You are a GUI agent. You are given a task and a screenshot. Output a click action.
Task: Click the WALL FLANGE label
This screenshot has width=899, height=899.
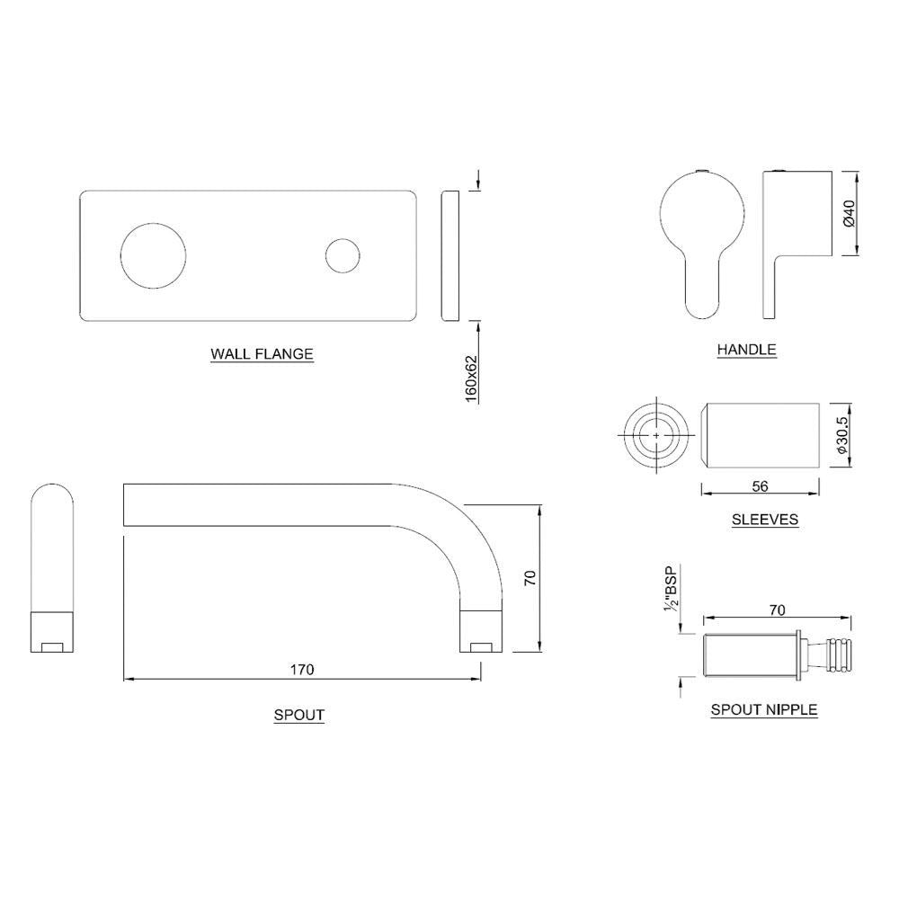click(x=262, y=354)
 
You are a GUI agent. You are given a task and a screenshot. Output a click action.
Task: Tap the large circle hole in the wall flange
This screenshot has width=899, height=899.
click(x=154, y=254)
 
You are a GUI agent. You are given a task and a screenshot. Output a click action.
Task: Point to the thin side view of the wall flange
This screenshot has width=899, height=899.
click(x=451, y=254)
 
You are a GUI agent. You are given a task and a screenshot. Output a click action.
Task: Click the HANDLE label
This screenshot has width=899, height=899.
click(x=746, y=350)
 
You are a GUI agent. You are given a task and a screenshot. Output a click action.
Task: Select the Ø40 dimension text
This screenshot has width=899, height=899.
click(x=849, y=214)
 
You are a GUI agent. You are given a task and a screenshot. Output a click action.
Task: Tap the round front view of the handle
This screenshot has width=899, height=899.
click(x=702, y=211)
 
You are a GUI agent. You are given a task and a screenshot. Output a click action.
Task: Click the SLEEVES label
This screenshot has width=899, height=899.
click(x=764, y=520)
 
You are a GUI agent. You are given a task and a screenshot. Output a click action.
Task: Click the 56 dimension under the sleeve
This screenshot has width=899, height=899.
click(x=760, y=486)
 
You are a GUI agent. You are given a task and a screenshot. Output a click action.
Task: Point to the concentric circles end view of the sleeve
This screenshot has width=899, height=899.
click(x=657, y=435)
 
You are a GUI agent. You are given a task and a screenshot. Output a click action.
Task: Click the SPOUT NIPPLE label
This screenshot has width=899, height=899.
click(x=764, y=709)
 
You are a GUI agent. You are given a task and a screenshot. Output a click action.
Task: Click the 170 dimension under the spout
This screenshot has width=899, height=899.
click(x=301, y=670)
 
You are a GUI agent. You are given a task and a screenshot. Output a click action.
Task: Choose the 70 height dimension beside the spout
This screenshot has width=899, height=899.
click(x=530, y=578)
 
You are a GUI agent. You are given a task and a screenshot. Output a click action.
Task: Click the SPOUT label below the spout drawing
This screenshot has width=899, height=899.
click(x=299, y=716)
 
